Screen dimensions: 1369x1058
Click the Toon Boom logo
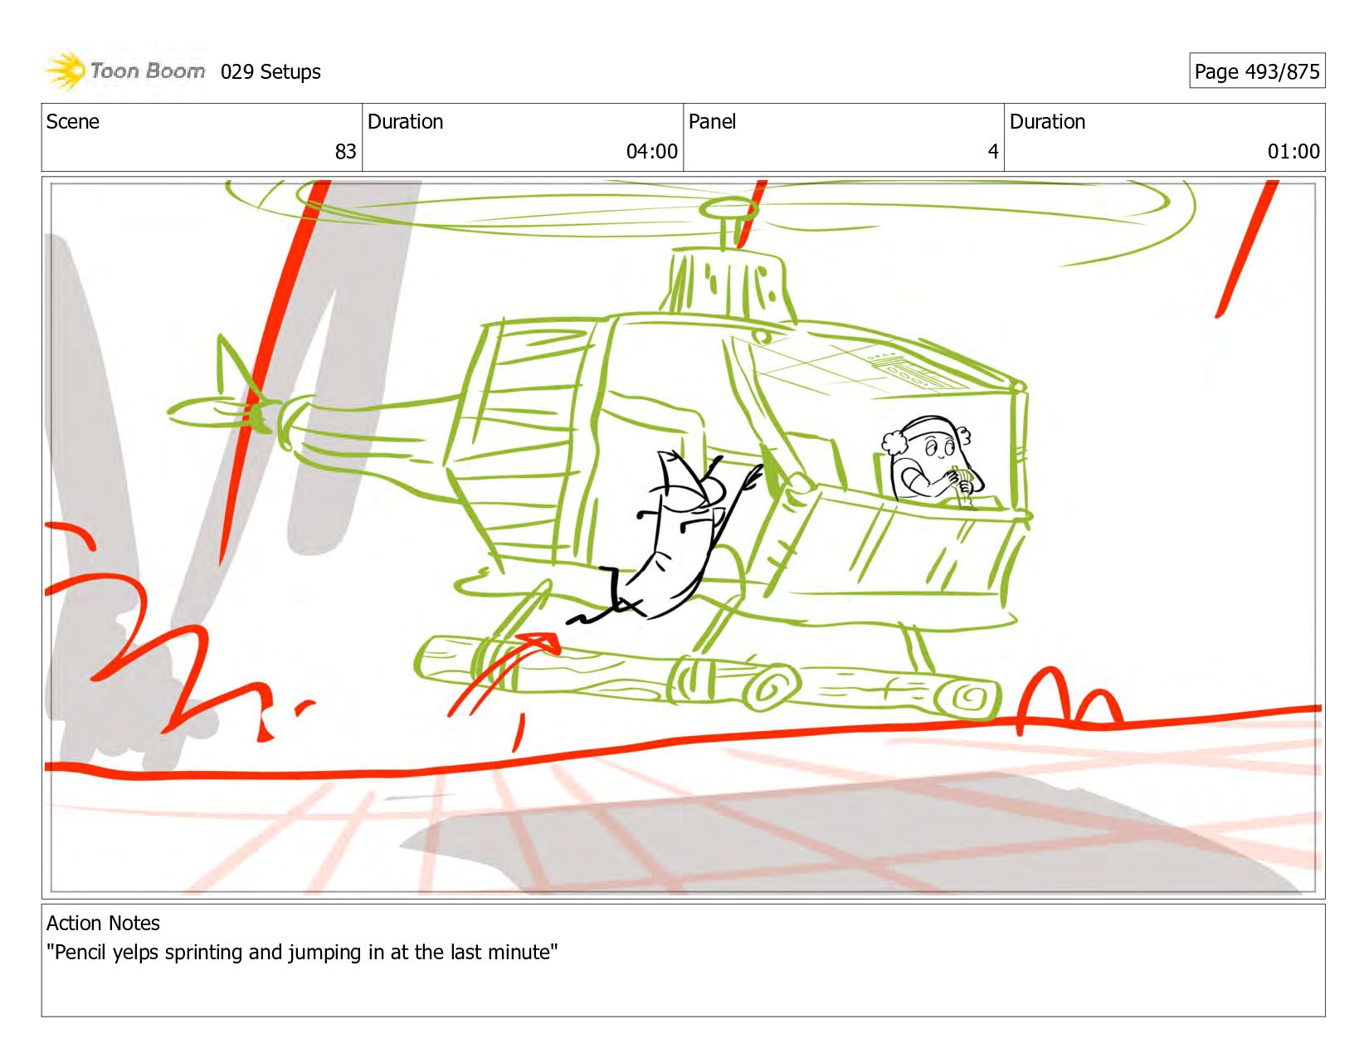click(x=124, y=71)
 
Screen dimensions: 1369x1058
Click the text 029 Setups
click(x=270, y=72)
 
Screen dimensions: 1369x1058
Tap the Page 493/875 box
click(x=1256, y=71)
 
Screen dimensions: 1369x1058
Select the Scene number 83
click(x=345, y=151)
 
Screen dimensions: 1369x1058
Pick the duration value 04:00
click(x=651, y=151)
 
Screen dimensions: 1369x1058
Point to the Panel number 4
click(x=993, y=151)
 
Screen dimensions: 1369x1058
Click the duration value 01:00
click(x=1293, y=151)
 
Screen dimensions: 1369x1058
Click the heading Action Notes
click(x=103, y=923)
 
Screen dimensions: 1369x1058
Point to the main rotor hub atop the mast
click(x=729, y=208)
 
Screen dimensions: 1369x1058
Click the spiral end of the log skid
click(x=968, y=698)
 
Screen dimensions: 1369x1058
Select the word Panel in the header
click(x=712, y=122)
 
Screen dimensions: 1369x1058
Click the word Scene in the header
click(x=72, y=122)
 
